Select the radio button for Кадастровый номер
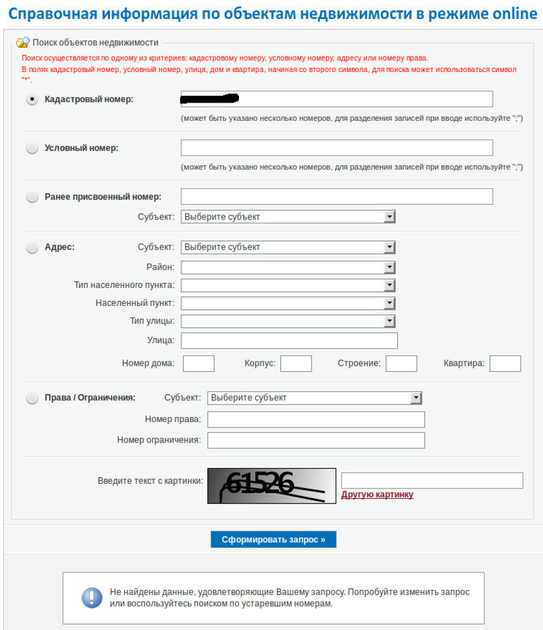point(32,99)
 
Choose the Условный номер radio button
point(32,148)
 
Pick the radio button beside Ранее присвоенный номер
point(32,197)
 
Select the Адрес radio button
point(32,248)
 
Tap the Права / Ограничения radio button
point(32,398)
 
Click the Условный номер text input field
point(336,148)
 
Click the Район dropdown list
point(288,268)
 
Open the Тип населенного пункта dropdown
point(288,285)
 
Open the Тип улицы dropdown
point(288,321)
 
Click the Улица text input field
point(289,340)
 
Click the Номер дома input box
point(198,364)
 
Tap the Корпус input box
point(296,364)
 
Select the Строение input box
point(401,364)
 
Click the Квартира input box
point(505,364)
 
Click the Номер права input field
point(316,420)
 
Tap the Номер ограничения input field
point(316,440)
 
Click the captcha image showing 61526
point(271,485)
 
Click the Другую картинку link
point(377,495)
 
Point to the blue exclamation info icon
point(92,597)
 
